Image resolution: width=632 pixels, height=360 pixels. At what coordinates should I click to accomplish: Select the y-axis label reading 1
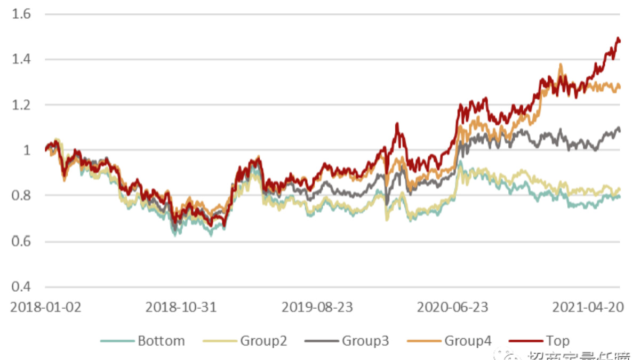tap(27, 150)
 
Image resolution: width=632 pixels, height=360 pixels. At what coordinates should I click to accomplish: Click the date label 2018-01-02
tap(46, 308)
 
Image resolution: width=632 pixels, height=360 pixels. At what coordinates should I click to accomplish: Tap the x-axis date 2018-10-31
tap(181, 308)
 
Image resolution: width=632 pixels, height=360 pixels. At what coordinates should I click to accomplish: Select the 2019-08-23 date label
tap(317, 308)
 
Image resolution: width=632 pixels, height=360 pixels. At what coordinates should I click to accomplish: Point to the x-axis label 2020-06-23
tap(452, 308)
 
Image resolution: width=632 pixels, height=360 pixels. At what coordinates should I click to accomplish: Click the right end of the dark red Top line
tap(620, 42)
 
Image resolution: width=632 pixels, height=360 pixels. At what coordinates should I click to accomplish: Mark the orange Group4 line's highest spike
tap(560, 65)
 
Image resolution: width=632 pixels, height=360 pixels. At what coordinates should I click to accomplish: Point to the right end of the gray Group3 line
tap(620, 131)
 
